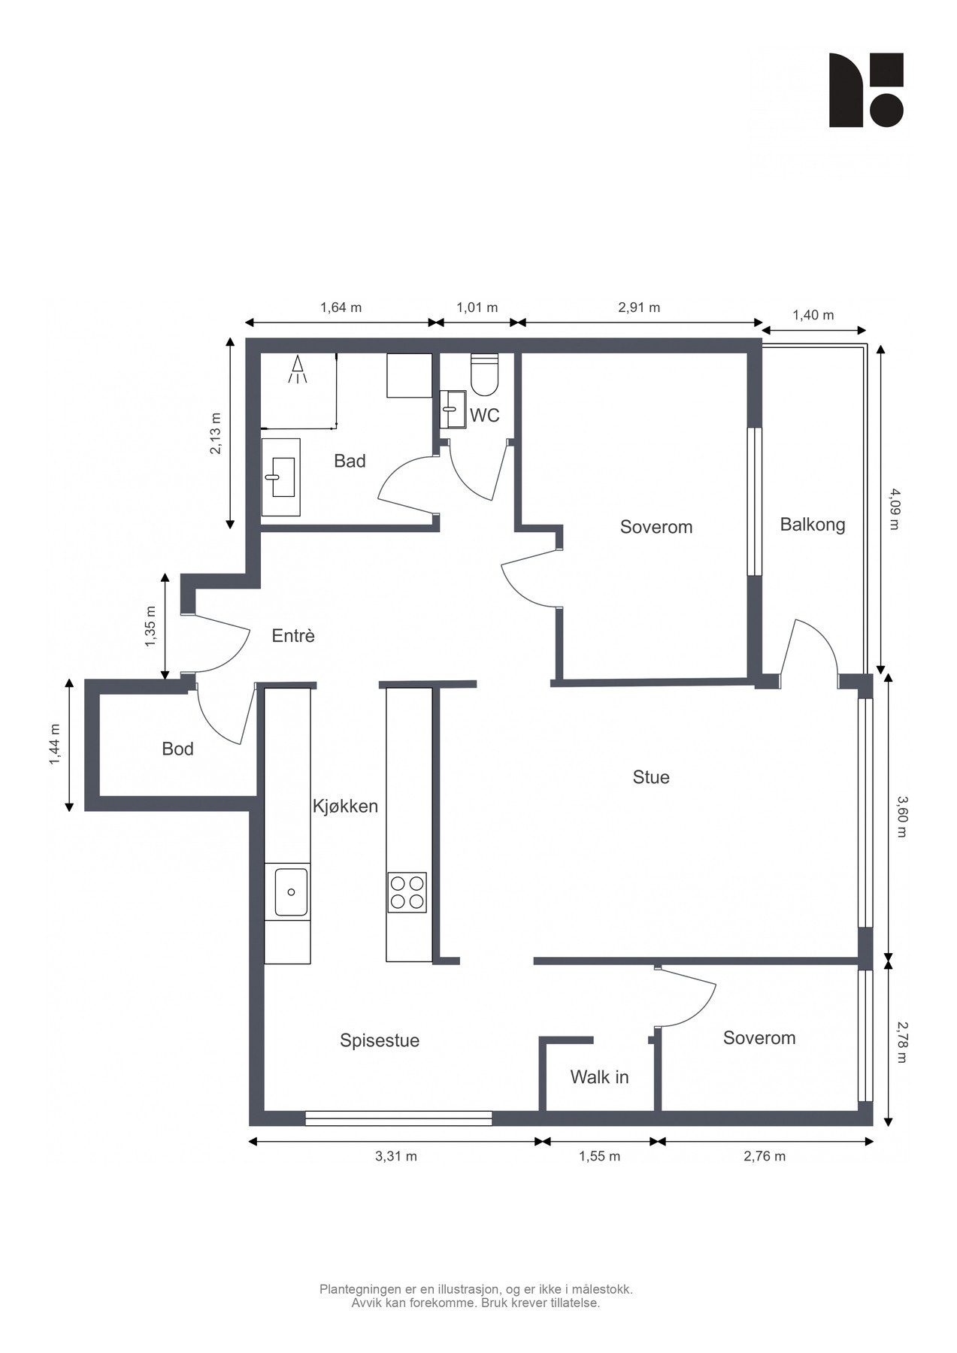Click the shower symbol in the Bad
298,369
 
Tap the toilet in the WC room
484,374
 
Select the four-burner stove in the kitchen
407,892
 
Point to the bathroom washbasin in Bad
280,477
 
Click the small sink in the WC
453,409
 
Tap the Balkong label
813,525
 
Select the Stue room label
651,777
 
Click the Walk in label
599,1077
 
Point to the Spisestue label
380,1041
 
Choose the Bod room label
177,749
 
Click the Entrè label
293,636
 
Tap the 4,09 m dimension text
894,509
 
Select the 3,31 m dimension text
396,1156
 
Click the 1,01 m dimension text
477,307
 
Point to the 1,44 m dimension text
54,746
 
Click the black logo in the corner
866,90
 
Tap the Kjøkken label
345,807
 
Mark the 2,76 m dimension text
765,1156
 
